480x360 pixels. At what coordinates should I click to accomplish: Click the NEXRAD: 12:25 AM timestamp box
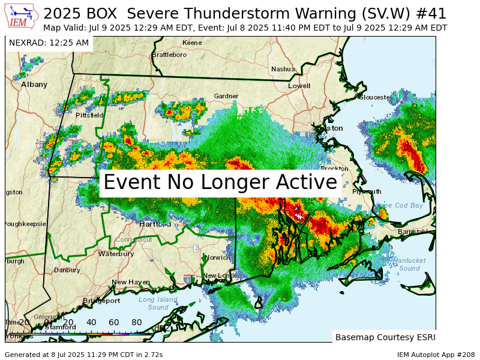[49, 43]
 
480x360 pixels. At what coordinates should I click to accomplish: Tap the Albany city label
[34, 85]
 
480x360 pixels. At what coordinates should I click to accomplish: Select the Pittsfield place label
[89, 115]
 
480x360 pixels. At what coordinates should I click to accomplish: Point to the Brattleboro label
[169, 55]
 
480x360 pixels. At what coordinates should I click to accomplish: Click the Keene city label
[192, 43]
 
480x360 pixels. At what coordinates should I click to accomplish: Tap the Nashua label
[283, 69]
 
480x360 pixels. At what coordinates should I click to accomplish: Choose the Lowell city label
[299, 86]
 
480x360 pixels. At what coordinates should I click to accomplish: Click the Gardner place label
[226, 96]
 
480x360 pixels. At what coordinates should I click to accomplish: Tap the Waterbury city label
[116, 254]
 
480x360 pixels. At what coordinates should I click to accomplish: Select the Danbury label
[67, 270]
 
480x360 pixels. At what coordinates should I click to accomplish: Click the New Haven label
[130, 282]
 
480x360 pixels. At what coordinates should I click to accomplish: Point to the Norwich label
[217, 257]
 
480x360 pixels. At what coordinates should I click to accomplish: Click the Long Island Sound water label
[158, 303]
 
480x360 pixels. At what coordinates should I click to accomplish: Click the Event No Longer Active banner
[220, 182]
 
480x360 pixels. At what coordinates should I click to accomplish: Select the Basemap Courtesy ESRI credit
[385, 337]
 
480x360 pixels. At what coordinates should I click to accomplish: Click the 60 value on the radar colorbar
[114, 322]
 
